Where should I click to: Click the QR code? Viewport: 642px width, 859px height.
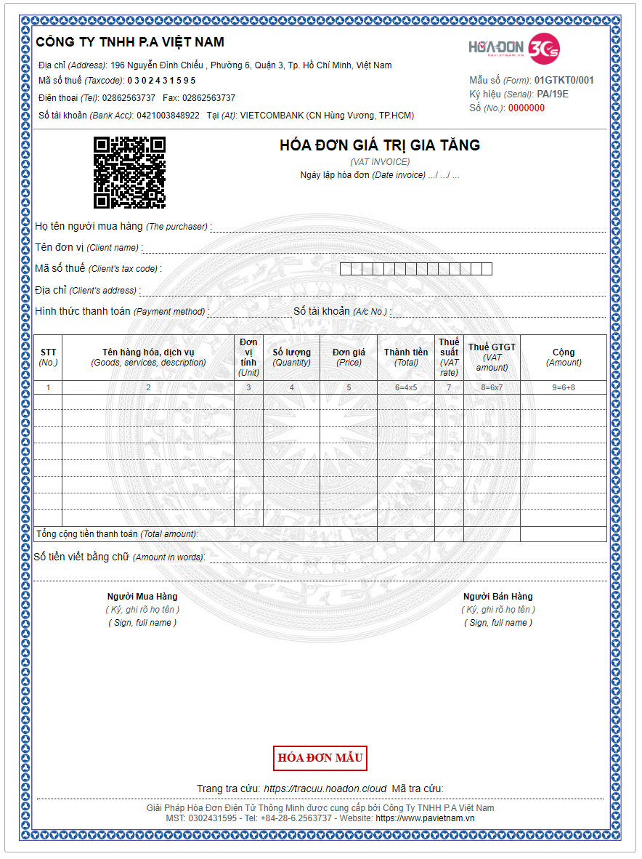(129, 172)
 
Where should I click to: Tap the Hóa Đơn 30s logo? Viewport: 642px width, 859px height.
(514, 48)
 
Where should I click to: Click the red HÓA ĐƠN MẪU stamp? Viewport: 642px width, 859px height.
(320, 758)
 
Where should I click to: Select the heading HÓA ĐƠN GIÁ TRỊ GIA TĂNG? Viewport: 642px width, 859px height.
(380, 145)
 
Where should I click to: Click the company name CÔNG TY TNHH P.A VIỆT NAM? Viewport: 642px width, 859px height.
(130, 42)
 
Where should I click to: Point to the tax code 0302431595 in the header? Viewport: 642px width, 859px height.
(161, 81)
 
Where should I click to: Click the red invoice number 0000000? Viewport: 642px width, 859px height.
(526, 108)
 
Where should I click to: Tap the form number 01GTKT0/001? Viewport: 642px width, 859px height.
(564, 81)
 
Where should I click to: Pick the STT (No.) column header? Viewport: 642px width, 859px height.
(48, 357)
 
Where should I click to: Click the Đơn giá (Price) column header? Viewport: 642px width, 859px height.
(349, 357)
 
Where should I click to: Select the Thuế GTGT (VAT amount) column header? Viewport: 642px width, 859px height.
(492, 357)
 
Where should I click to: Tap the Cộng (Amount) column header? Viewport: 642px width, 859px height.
(564, 357)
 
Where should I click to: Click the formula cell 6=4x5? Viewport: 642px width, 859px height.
(406, 387)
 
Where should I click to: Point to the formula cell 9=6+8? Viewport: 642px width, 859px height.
(564, 387)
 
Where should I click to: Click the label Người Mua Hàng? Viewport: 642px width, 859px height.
(142, 597)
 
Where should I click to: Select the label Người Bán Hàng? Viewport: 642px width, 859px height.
(498, 597)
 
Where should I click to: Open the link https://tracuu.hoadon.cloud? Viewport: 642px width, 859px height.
(325, 789)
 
